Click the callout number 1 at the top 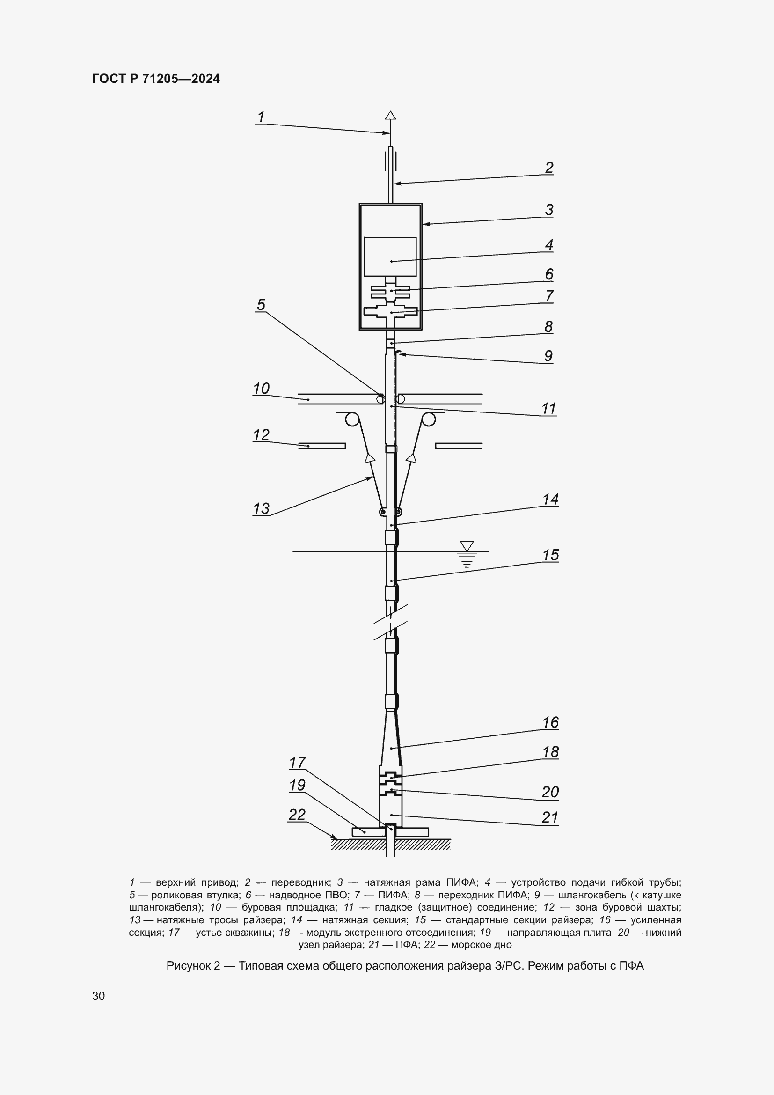(261, 117)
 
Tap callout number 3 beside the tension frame (549, 210)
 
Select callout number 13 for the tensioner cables (261, 508)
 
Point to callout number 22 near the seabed (297, 815)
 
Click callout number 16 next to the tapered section (550, 722)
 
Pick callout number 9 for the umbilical (548, 356)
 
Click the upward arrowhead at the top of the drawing (390, 116)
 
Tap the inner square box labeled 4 (390, 257)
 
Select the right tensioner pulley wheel (428, 419)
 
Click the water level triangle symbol (467, 545)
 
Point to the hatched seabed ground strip (391, 845)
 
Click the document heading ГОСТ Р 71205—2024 (156, 79)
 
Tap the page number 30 (99, 996)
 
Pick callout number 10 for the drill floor (261, 389)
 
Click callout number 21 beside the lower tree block (550, 817)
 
